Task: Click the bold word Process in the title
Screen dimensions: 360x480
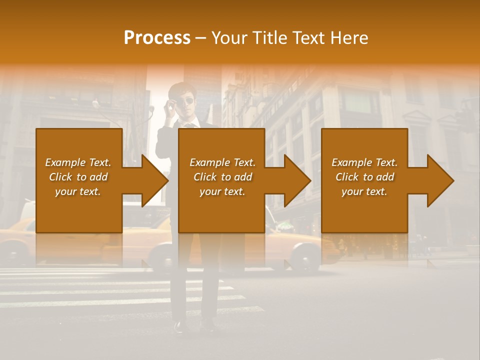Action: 157,38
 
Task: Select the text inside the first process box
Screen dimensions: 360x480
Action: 78,177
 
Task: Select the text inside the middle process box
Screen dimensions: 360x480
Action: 222,177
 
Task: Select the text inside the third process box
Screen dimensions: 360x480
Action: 364,177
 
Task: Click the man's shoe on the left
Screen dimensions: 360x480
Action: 178,327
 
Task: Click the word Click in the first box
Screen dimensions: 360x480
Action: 61,177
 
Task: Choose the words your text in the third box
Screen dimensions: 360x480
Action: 364,191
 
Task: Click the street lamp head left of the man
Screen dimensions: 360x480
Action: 95,104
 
